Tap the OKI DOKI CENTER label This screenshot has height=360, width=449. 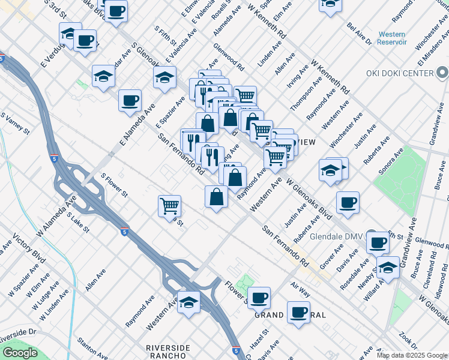[400, 73]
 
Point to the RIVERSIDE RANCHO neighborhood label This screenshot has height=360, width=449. [168, 352]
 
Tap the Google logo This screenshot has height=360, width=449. [19, 353]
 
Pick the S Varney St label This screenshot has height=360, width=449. [14, 122]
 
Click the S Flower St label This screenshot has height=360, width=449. [115, 185]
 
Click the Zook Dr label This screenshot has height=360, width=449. [409, 340]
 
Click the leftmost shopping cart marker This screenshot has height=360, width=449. [170, 206]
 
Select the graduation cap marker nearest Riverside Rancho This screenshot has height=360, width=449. [189, 302]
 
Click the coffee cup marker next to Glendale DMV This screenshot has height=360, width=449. [378, 241]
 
